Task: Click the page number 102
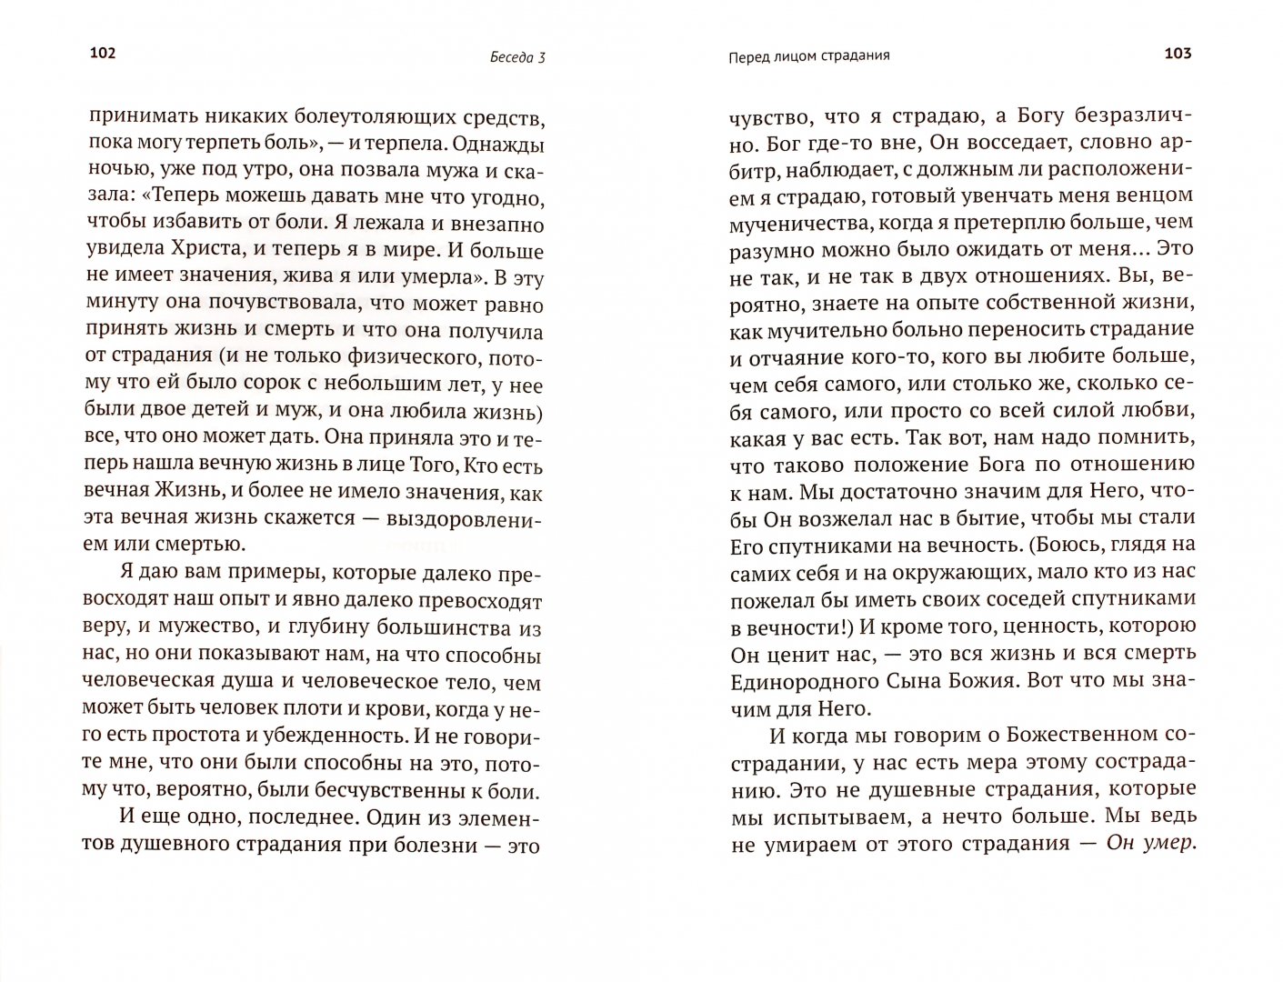[x=103, y=54]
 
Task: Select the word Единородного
[x=804, y=681]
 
